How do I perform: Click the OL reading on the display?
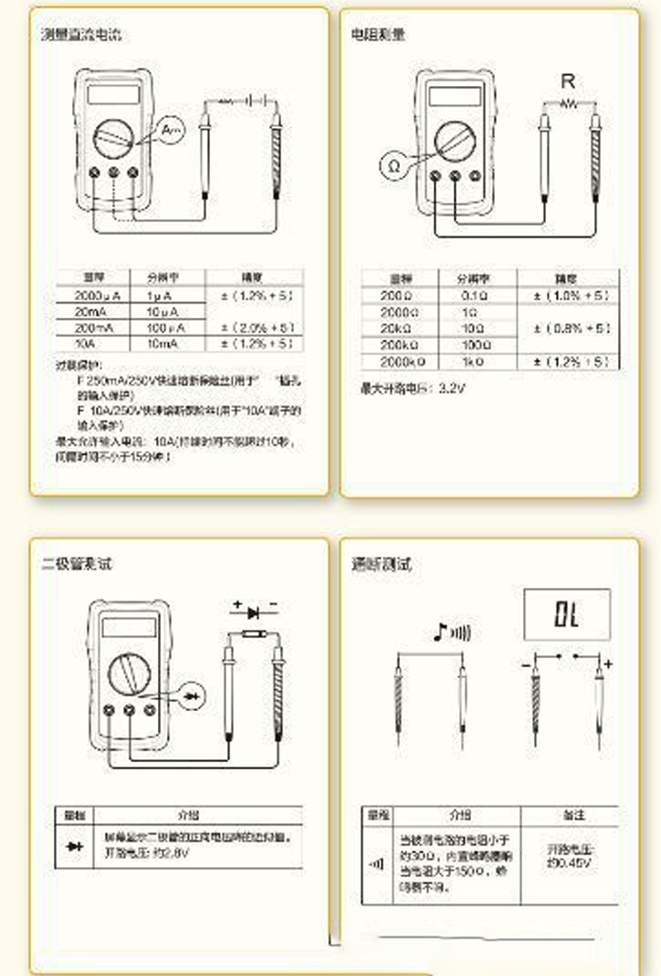click(x=567, y=614)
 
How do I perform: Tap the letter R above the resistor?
click(x=568, y=81)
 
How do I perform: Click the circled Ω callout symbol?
click(x=394, y=165)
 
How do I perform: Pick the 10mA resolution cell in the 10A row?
click(x=165, y=343)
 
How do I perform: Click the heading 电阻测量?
click(x=378, y=35)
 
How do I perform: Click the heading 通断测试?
click(x=381, y=565)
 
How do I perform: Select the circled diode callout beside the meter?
click(x=193, y=696)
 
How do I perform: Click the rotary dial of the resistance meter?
click(x=453, y=142)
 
